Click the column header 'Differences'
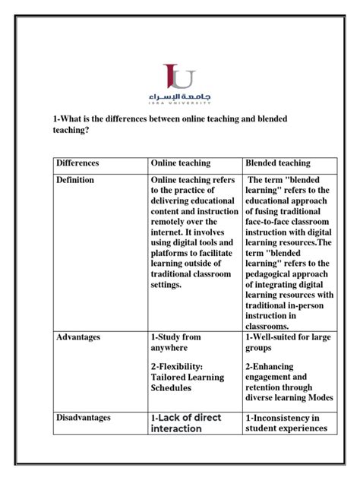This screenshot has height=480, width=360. pyautogui.click(x=77, y=163)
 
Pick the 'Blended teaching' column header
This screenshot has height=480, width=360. pyautogui.click(x=277, y=163)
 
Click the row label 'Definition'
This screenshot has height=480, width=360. pyautogui.click(x=74, y=180)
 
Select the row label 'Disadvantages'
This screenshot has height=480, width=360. pyautogui.click(x=83, y=417)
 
